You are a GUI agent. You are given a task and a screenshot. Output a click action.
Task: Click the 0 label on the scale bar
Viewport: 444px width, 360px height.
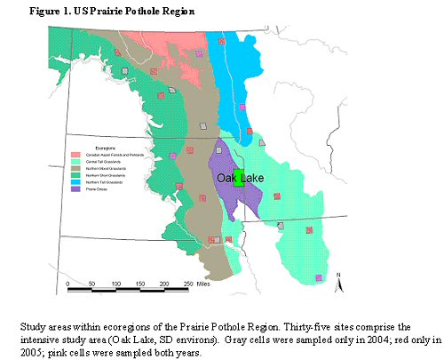click(x=68, y=284)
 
